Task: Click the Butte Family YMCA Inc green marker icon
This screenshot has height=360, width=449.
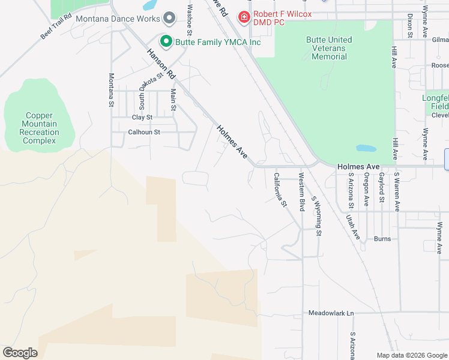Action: click(x=166, y=41)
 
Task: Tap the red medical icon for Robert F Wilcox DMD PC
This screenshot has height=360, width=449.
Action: click(x=244, y=16)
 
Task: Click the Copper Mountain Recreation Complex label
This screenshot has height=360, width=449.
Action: click(x=39, y=128)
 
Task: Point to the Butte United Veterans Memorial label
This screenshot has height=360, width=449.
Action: click(x=329, y=48)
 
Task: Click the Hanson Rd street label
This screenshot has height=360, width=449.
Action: click(x=161, y=64)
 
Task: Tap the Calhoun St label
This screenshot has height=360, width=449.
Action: click(x=144, y=132)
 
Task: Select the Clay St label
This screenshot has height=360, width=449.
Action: click(x=142, y=118)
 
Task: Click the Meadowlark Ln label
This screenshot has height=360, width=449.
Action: click(x=331, y=313)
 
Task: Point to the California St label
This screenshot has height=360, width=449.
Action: click(x=280, y=190)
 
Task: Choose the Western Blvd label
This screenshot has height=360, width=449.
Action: click(x=301, y=191)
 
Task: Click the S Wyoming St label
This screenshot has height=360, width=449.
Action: click(x=316, y=215)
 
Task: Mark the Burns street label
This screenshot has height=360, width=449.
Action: click(x=382, y=239)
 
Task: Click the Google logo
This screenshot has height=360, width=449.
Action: click(x=20, y=352)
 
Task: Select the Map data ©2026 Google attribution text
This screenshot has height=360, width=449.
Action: click(x=411, y=355)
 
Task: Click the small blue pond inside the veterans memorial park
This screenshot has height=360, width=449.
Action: click(x=366, y=148)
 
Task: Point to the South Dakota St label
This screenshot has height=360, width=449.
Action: click(x=151, y=91)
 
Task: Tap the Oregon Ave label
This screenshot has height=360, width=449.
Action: click(x=366, y=190)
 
